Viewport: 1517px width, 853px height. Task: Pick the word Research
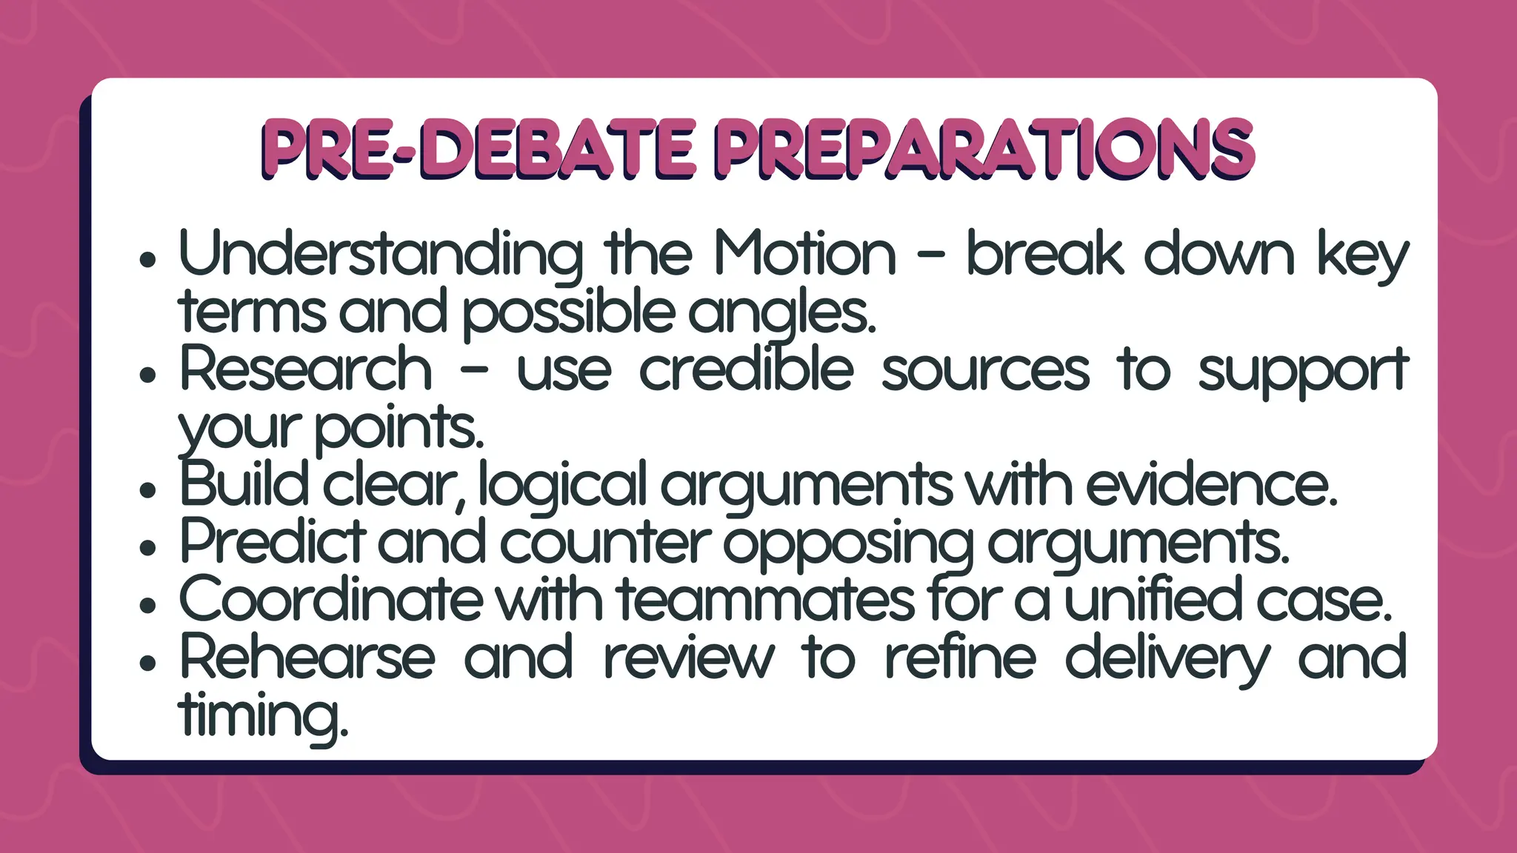(x=306, y=369)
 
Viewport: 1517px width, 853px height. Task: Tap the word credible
(x=746, y=369)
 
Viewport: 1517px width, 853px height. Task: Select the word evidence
(x=1212, y=486)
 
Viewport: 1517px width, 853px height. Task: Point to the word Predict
(x=273, y=543)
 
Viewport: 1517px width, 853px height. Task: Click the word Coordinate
(x=330, y=600)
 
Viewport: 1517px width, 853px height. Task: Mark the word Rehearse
(x=307, y=658)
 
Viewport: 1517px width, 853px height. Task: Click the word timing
(x=263, y=717)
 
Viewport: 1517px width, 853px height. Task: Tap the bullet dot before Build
(x=148, y=490)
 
